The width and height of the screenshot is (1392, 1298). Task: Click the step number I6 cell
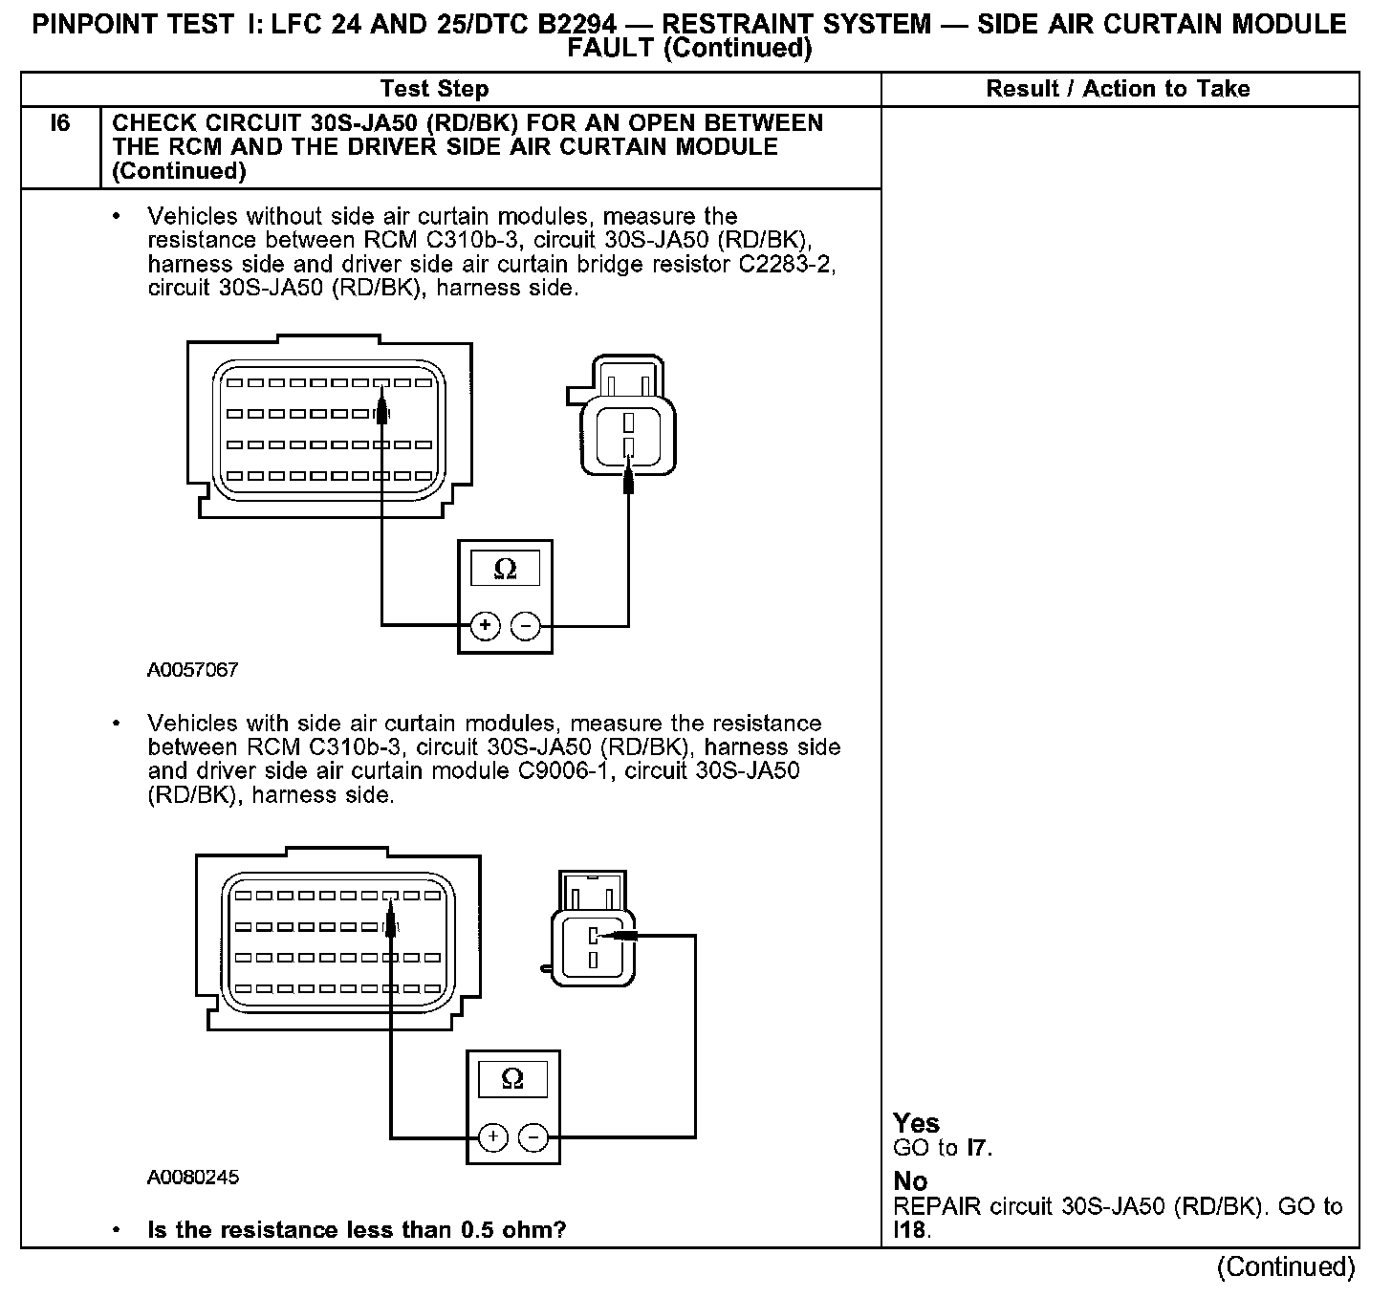(60, 123)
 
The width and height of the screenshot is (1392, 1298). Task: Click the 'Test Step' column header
(434, 89)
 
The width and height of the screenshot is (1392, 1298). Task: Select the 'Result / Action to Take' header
(1118, 89)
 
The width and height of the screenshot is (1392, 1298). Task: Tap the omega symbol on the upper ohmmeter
(505, 570)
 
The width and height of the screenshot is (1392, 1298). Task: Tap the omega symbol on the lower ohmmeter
(512, 1079)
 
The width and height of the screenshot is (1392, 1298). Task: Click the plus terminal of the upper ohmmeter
(486, 626)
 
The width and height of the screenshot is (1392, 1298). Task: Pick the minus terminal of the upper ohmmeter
(526, 626)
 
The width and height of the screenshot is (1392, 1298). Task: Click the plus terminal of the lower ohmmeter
(492, 1136)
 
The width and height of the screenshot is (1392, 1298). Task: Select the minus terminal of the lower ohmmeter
(533, 1136)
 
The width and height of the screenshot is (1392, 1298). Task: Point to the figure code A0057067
(192, 670)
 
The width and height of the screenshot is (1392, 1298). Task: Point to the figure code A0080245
(192, 1178)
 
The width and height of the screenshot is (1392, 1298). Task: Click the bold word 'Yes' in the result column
(916, 1123)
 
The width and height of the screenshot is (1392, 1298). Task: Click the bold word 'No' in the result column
(909, 1181)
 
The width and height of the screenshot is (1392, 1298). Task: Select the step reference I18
(909, 1230)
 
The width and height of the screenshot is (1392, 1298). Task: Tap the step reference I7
(977, 1148)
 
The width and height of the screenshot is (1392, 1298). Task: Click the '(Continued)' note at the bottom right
(1285, 1267)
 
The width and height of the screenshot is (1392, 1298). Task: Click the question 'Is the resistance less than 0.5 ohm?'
(357, 1230)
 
